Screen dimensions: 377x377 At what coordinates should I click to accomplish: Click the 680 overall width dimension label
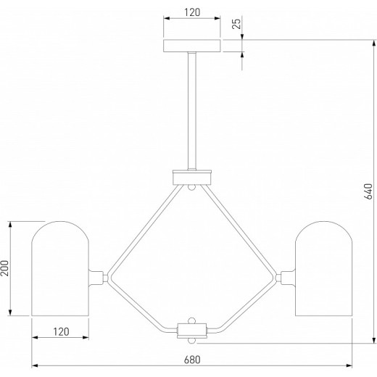coord(192,360)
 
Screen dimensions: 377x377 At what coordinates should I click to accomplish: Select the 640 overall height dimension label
coord(368,191)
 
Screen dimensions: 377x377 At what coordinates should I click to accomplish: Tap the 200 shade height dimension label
coord(5,268)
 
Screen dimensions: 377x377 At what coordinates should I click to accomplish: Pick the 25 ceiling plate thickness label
coord(236,24)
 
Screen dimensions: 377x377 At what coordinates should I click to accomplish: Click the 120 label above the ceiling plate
coord(192,12)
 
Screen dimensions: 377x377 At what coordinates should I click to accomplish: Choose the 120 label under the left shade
coord(61,332)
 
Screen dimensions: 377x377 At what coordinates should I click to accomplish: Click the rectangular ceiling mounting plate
coord(192,46)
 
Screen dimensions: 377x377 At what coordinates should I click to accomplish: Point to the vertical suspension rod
coord(192,111)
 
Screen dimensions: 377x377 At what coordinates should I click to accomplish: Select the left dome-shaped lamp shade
coord(60,268)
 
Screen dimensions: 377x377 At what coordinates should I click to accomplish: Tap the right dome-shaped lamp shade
coord(323,268)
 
